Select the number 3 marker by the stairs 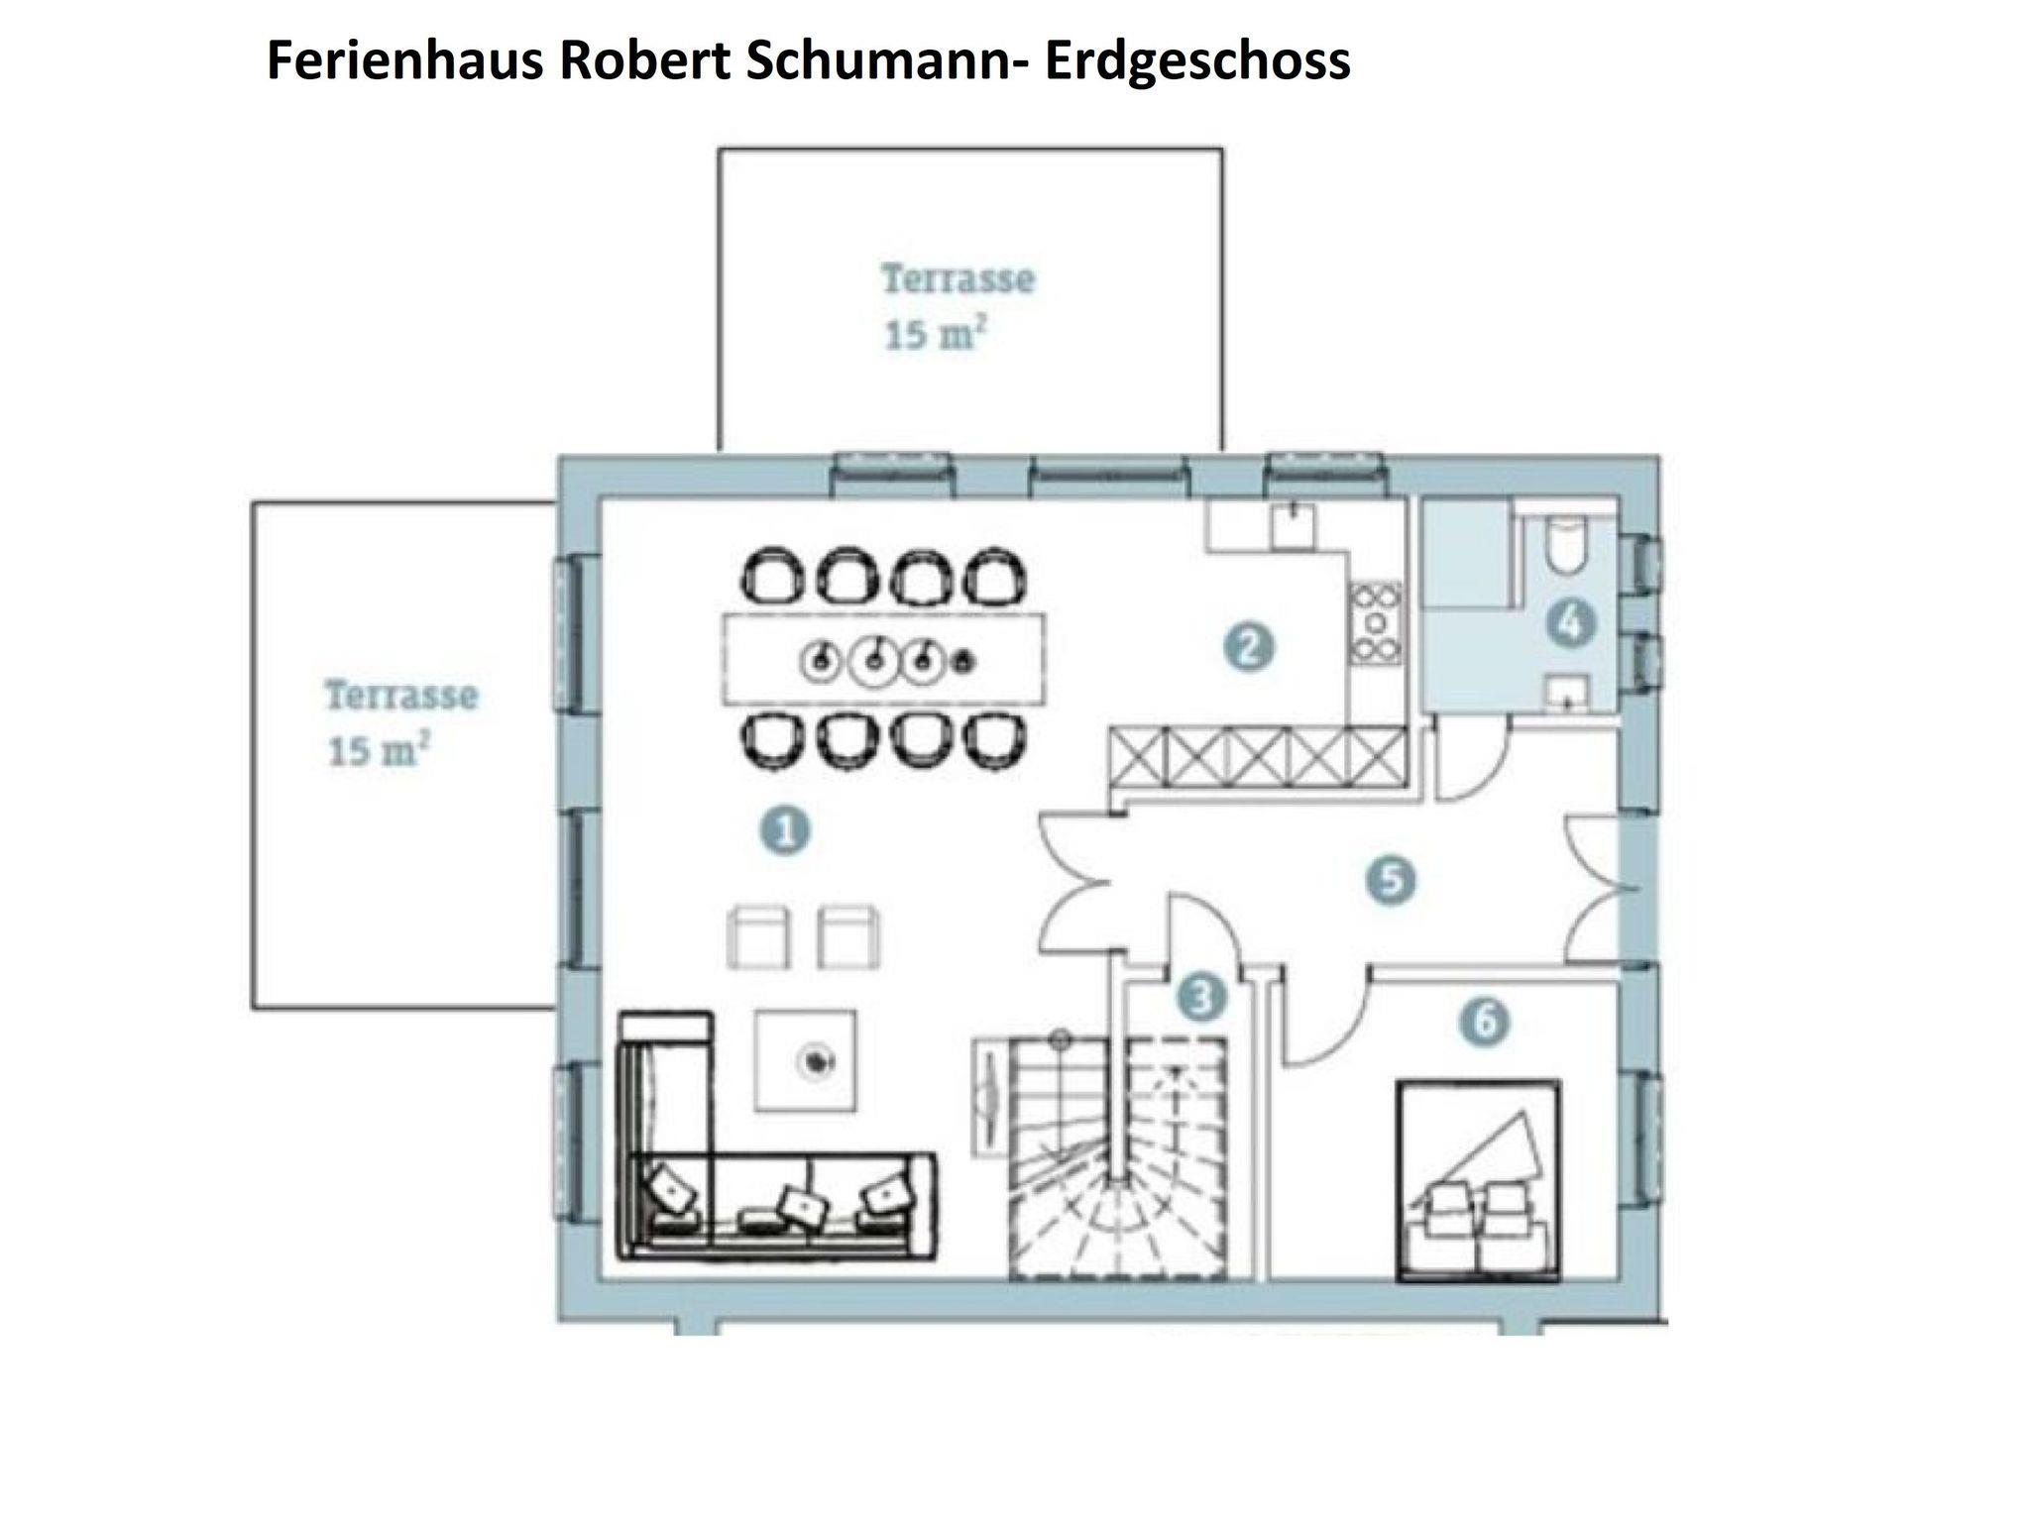(1200, 998)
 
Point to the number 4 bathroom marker (1571, 624)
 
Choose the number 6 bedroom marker (1485, 1021)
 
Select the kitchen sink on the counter (1292, 525)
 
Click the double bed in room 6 (1477, 1181)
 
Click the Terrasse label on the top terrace (958, 279)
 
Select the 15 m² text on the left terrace (379, 752)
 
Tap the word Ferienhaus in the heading (405, 60)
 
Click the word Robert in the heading (643, 60)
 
